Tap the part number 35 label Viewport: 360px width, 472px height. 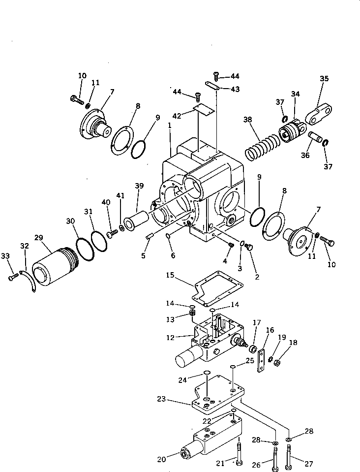click(324, 78)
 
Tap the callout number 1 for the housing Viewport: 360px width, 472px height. click(169, 126)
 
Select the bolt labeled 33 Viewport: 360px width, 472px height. click(12, 278)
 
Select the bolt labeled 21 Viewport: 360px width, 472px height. click(239, 454)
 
